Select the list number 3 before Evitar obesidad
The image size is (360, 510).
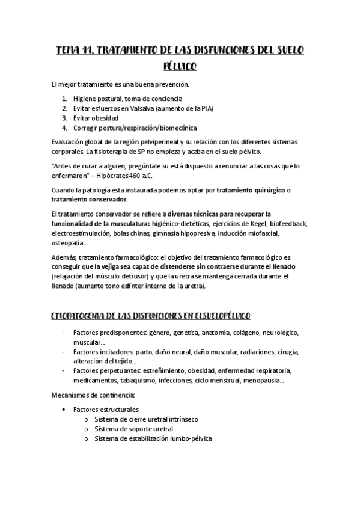(x=64, y=118)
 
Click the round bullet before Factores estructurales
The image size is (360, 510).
(x=64, y=409)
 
